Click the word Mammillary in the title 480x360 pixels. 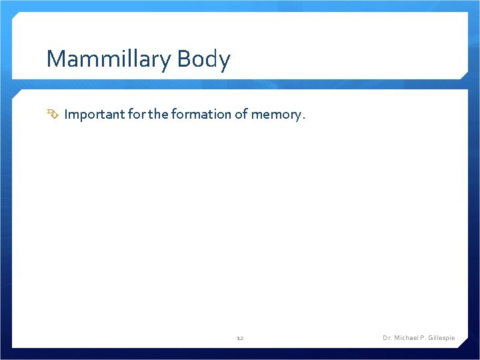(109, 59)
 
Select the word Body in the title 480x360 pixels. (204, 59)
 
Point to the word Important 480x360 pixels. (93, 115)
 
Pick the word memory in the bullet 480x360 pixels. (275, 115)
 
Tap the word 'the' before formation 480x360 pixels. (159, 115)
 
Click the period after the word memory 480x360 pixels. (304, 117)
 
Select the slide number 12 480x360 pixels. (240, 339)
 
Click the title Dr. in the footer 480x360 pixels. (387, 338)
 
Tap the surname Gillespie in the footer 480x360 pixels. (442, 338)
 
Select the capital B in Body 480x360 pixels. (185, 59)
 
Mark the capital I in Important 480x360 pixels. (67, 115)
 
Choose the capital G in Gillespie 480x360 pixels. (431, 338)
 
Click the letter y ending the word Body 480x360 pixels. (225, 61)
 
